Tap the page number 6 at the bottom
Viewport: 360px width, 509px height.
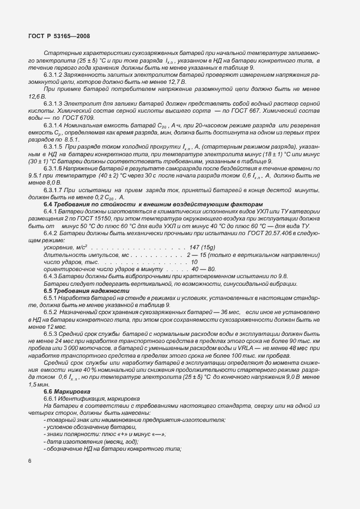click(29, 461)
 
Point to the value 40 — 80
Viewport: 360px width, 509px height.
click(203, 269)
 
